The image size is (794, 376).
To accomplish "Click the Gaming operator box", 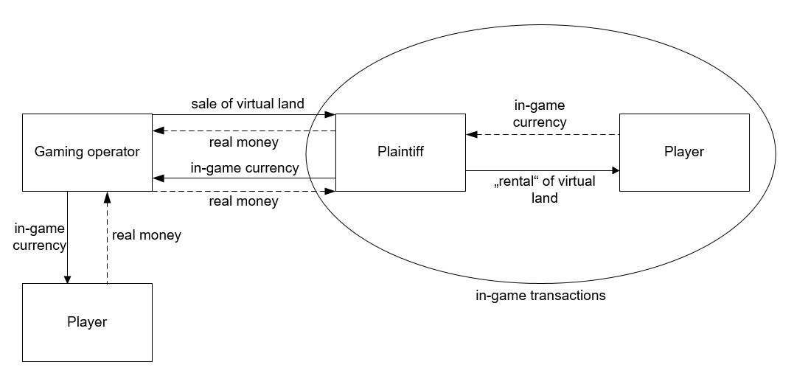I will click(x=87, y=153).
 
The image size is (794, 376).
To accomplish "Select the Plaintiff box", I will click(x=400, y=153).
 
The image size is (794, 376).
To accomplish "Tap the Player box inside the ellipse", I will click(x=684, y=153).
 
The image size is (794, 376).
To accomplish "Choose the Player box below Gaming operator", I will click(x=87, y=322).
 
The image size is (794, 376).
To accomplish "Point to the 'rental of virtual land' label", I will click(x=543, y=189).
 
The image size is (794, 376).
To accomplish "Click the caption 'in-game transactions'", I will click(x=540, y=296).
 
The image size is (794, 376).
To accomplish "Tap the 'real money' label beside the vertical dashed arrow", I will click(x=146, y=236).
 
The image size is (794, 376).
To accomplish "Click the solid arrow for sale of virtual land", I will click(x=244, y=114).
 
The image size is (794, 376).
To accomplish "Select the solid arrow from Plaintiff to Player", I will click(x=542, y=170).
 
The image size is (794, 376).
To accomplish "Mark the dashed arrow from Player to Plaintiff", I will click(x=542, y=135).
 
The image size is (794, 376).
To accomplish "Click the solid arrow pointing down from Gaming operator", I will click(x=67, y=237).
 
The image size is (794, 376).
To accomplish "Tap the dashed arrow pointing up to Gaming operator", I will click(x=108, y=237).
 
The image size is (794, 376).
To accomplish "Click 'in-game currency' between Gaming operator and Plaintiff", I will click(x=245, y=167).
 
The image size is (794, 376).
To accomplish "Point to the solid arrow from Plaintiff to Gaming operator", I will click(x=244, y=178).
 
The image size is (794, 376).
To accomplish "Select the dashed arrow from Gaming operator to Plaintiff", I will click(x=244, y=191).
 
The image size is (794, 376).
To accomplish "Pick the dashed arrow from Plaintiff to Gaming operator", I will click(x=244, y=131).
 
